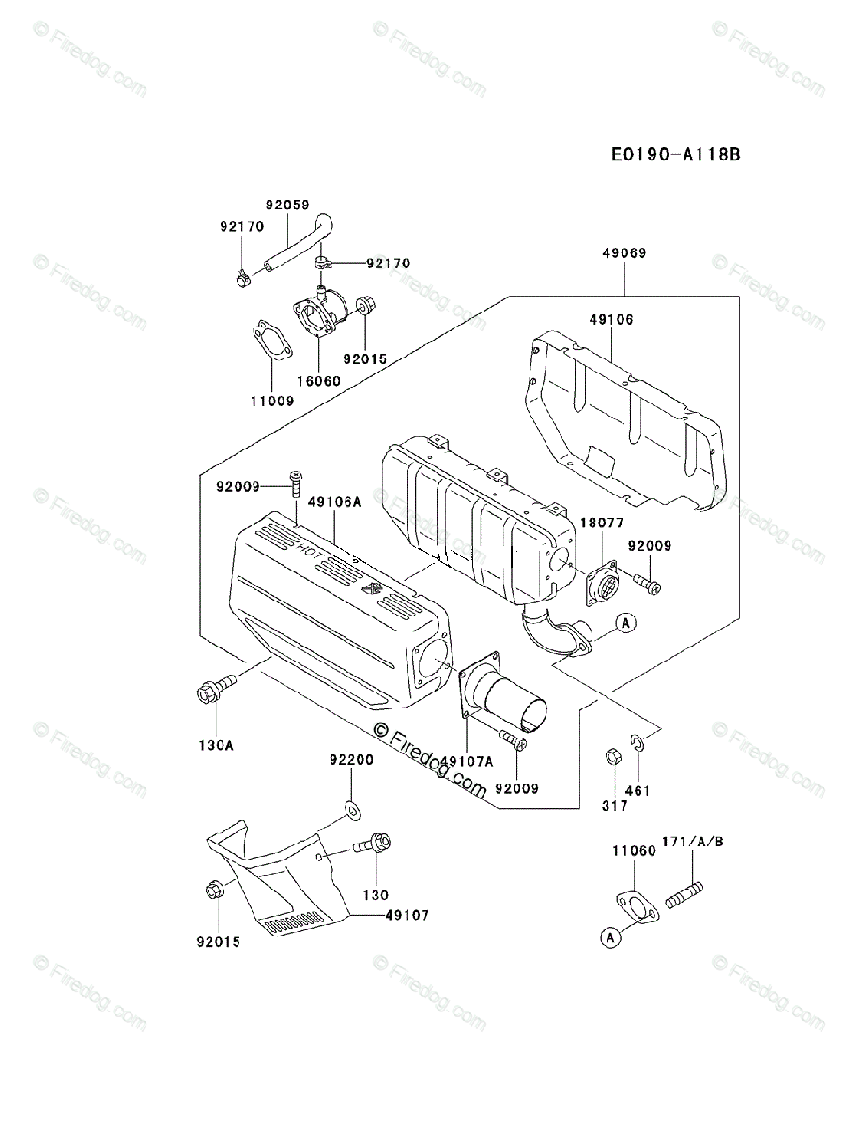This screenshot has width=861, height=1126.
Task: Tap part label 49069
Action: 624,253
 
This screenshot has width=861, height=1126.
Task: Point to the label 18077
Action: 601,523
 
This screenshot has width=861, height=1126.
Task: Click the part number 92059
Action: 286,205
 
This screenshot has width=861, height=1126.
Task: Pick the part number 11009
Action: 271,401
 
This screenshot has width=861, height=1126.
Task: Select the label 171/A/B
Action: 693,842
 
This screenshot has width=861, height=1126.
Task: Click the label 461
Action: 637,791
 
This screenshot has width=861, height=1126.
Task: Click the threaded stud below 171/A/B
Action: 684,892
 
